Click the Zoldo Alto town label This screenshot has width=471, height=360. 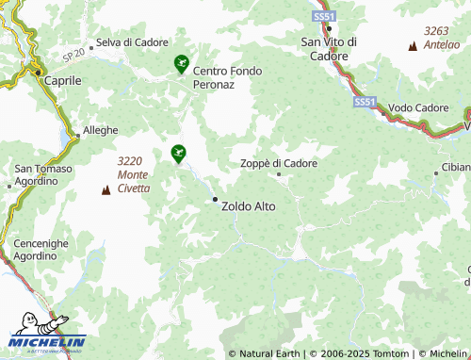(x=248, y=205)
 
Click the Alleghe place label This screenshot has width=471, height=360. (x=101, y=130)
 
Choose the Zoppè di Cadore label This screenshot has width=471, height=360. (x=279, y=163)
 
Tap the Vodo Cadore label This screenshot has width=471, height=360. (x=418, y=108)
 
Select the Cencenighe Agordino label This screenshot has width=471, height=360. (x=41, y=250)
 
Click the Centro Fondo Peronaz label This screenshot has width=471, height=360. (x=227, y=77)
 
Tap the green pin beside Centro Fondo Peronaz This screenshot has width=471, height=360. (x=181, y=63)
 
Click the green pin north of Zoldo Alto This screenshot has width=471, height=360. (x=177, y=152)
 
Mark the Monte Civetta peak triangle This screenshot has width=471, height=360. (x=105, y=191)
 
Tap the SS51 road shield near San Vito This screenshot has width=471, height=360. (x=324, y=17)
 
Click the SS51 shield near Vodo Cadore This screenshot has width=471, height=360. (x=365, y=101)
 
